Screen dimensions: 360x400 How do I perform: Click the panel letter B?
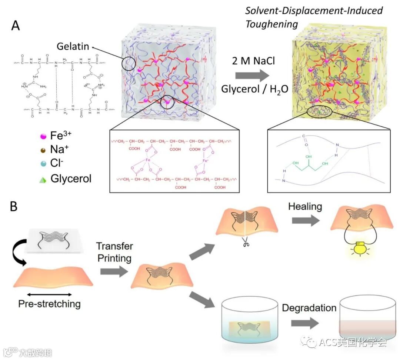pyautogui.click(x=14, y=207)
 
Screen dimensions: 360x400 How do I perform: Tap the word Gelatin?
pyautogui.click(x=73, y=46)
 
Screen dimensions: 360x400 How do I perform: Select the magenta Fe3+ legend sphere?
pyautogui.click(x=43, y=136)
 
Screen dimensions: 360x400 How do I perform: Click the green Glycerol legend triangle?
pyautogui.click(x=43, y=180)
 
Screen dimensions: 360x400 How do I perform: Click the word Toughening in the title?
pyautogui.click(x=271, y=24)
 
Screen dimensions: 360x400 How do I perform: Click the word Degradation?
pyautogui.click(x=309, y=308)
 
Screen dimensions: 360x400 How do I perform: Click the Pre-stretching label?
pyautogui.click(x=49, y=304)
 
